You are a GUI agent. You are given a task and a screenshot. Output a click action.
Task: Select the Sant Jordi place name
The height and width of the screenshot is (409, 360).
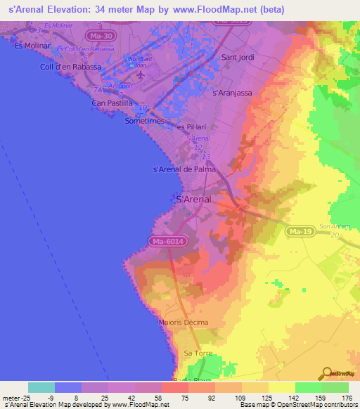click(238, 57)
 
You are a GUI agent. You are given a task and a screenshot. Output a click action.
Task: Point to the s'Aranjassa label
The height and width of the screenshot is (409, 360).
click(231, 92)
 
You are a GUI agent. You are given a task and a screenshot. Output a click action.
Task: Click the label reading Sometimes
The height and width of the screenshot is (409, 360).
click(144, 121)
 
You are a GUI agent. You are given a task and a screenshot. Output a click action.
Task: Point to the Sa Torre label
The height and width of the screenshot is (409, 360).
click(196, 352)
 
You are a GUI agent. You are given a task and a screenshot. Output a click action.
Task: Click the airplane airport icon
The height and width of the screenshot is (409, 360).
click(141, 74)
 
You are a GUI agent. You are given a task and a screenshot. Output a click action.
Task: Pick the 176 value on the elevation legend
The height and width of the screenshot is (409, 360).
click(346, 398)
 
